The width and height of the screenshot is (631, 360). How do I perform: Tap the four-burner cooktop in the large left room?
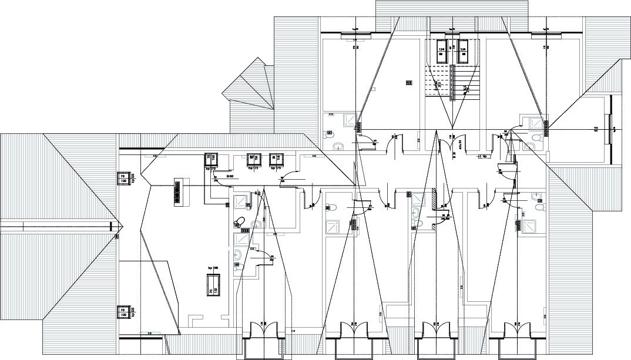(176, 191)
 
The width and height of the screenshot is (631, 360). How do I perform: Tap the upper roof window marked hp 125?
(123, 179)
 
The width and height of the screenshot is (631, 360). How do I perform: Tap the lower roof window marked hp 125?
(123, 312)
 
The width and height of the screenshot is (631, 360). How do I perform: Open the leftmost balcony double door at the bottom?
(263, 330)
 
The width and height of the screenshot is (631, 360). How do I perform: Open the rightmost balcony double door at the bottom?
(517, 330)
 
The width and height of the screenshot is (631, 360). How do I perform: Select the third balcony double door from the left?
(434, 330)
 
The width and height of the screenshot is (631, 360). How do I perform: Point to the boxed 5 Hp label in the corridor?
(483, 157)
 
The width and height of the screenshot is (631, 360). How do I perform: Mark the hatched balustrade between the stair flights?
(452, 82)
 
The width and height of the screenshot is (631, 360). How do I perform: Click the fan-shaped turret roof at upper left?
(249, 88)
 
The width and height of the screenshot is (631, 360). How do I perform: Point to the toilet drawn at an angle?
(238, 222)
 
